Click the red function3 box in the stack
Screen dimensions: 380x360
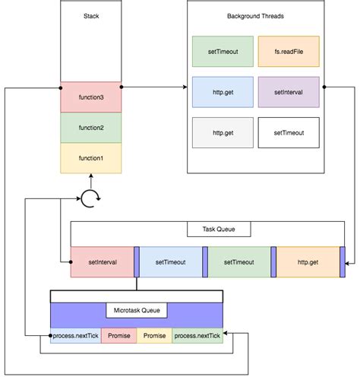point(90,97)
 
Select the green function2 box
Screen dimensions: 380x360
point(90,127)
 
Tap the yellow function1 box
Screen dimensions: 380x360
point(90,157)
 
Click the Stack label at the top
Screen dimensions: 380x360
point(90,15)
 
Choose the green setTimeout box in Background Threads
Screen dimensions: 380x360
point(223,51)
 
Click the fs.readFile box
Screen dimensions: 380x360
point(289,51)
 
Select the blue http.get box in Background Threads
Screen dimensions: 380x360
point(223,92)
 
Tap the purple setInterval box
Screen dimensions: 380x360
point(289,92)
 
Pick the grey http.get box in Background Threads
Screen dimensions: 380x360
point(223,132)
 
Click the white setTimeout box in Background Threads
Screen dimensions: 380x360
point(289,132)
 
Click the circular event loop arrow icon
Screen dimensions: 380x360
point(90,200)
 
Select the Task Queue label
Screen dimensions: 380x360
point(218,229)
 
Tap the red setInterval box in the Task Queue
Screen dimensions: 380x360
point(101,262)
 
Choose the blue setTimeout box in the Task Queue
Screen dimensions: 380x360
point(172,262)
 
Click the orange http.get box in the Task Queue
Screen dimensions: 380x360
point(308,262)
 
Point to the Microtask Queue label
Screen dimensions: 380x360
point(137,311)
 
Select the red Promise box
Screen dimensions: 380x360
point(118,335)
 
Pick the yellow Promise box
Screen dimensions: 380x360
point(154,335)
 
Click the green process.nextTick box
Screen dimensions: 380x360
point(197,335)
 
